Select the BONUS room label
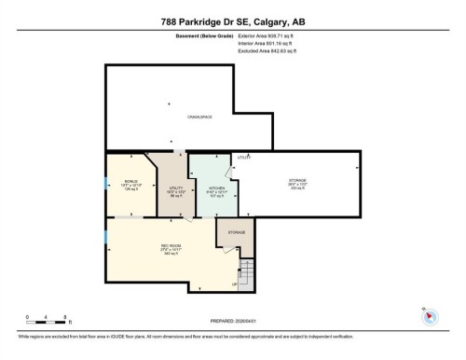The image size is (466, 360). pyautogui.click(x=130, y=182)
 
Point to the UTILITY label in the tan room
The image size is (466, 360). pyautogui.click(x=174, y=188)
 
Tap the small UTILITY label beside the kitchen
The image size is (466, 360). pyautogui.click(x=244, y=157)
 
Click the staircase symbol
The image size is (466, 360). pyautogui.click(x=247, y=273)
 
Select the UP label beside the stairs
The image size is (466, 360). pyautogui.click(x=235, y=284)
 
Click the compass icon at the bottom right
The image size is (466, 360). pyautogui.click(x=430, y=316)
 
